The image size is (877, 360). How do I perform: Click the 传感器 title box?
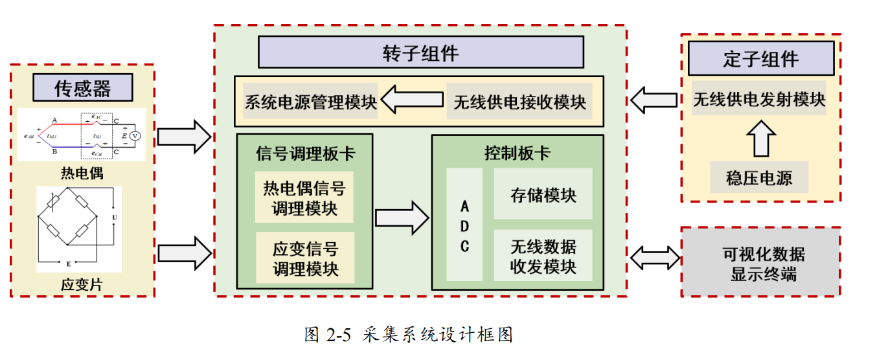[82, 87]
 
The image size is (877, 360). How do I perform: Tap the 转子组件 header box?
[420, 52]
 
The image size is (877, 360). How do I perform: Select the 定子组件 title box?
[760, 59]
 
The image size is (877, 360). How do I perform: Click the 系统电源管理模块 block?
[310, 102]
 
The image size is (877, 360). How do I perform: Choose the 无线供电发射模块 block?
[759, 99]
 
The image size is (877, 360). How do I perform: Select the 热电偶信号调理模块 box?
[304, 197]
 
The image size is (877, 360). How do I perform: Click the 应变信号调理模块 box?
[304, 258]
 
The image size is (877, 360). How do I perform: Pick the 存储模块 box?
[543, 194]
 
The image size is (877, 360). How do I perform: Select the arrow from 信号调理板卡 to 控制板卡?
[402, 217]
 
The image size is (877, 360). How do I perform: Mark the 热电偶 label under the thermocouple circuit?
[82, 173]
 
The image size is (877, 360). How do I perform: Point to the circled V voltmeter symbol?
[135, 135]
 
